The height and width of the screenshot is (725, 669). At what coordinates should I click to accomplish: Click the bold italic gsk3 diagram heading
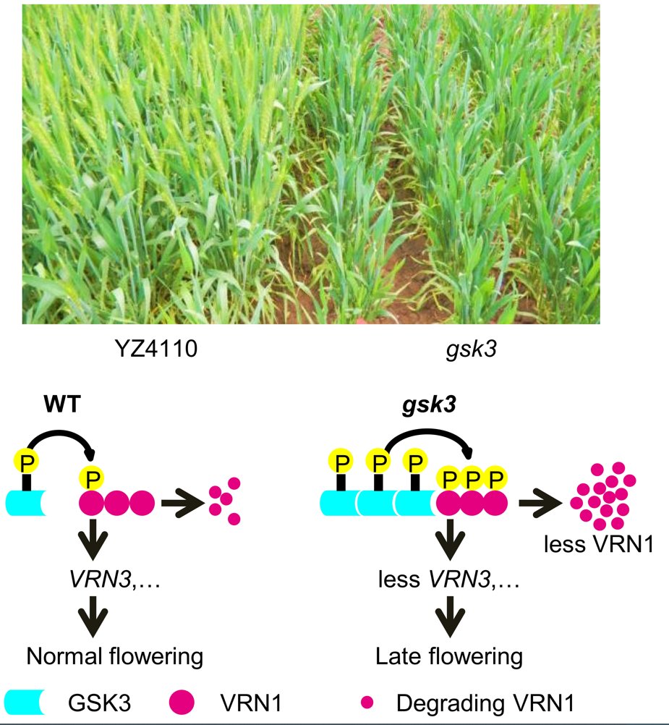pyautogui.click(x=428, y=407)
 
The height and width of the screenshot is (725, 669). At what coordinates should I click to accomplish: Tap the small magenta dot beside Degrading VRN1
pyautogui.click(x=367, y=701)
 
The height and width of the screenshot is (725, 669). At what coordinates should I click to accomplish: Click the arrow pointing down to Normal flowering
pyautogui.click(x=93, y=620)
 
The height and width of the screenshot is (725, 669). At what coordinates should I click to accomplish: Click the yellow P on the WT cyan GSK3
pyautogui.click(x=26, y=461)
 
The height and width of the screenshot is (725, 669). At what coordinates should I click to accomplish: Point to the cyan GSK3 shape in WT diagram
pyautogui.click(x=26, y=502)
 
